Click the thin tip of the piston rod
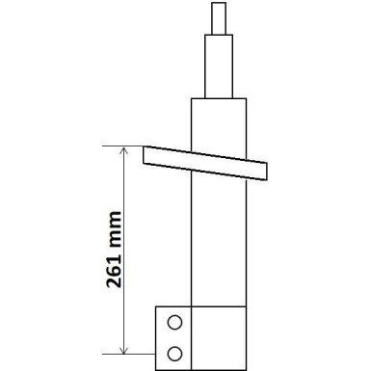218,16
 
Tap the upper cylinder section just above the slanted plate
218,123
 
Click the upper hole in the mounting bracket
173,322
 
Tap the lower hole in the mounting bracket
173,350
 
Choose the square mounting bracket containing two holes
173,336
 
